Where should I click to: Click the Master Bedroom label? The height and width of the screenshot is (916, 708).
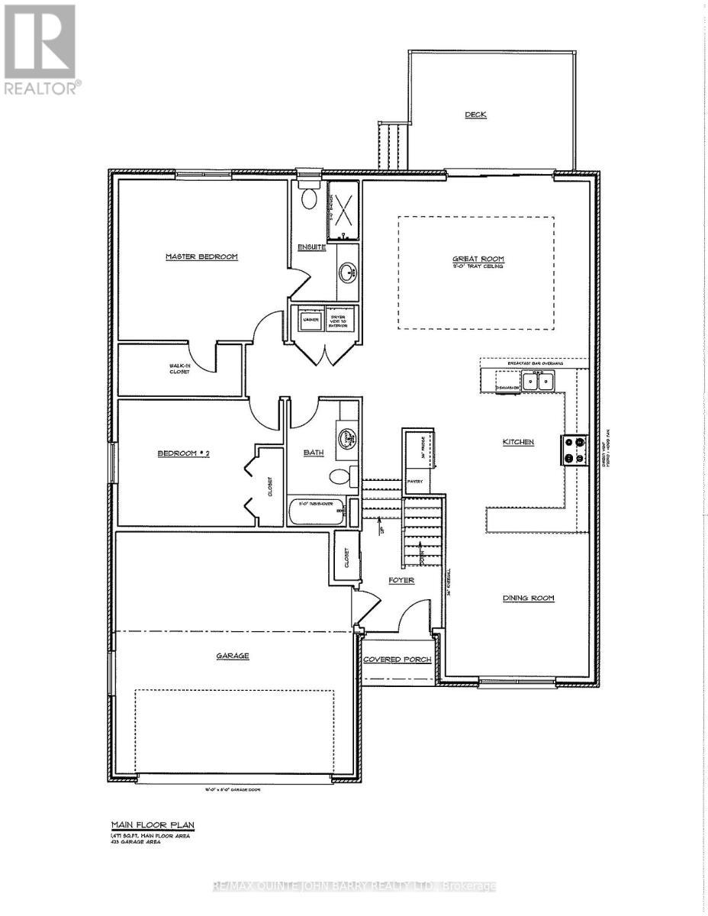pyautogui.click(x=202, y=256)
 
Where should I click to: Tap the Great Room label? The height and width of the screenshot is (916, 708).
pyautogui.click(x=478, y=260)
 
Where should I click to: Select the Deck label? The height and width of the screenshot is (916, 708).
pyautogui.click(x=476, y=115)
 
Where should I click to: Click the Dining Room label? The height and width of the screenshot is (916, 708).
pyautogui.click(x=528, y=598)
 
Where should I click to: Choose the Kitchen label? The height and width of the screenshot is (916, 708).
pyautogui.click(x=518, y=442)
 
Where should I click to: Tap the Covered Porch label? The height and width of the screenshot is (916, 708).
pyautogui.click(x=397, y=660)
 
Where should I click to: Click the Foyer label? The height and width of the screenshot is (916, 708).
pyautogui.click(x=401, y=580)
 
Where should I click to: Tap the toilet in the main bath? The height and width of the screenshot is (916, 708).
pyautogui.click(x=340, y=478)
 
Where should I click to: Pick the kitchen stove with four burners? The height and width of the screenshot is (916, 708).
pyautogui.click(x=574, y=450)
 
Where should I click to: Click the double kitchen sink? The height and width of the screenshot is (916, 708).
pyautogui.click(x=539, y=380)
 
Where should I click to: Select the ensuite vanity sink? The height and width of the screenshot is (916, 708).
pyautogui.click(x=349, y=271)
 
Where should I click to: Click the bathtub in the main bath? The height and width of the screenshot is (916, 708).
pyautogui.click(x=317, y=512)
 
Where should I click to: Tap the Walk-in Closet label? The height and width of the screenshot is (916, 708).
pyautogui.click(x=180, y=369)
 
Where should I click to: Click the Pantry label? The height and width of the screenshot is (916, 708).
pyautogui.click(x=416, y=482)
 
